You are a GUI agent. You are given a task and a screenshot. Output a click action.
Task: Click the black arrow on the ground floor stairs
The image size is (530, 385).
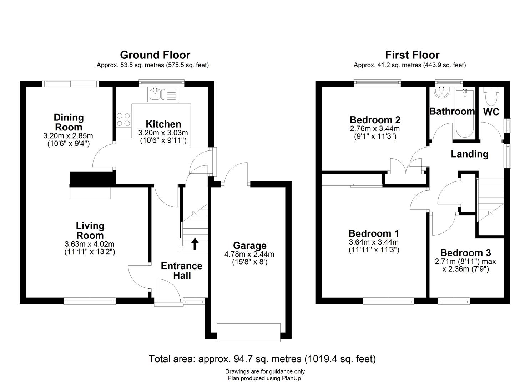tap(195, 244)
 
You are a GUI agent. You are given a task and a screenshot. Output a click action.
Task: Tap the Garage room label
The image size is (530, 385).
tap(249, 246)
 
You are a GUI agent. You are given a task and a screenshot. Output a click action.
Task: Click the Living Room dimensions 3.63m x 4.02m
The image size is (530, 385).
tap(90, 244)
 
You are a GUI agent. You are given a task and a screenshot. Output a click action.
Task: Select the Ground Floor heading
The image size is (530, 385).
tap(155, 55)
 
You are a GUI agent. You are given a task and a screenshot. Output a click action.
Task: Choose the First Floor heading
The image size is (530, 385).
tap(412, 55)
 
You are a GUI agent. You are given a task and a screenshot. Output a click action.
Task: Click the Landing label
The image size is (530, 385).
tap(469, 154)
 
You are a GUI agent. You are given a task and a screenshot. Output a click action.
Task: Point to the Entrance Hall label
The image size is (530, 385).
tap(182, 271)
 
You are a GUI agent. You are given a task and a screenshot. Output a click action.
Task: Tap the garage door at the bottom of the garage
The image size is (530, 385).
tap(248, 333)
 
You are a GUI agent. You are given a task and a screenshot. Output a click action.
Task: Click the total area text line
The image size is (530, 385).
tap(262, 359)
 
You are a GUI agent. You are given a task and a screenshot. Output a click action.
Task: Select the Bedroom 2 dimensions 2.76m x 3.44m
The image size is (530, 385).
tap(375, 128)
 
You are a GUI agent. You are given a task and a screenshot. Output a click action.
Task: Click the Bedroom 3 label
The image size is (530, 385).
tap(465, 253)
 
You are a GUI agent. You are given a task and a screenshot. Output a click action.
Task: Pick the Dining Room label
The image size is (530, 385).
tap(69, 122)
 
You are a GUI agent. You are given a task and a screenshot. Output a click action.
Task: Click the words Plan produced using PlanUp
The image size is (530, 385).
tap(265, 378)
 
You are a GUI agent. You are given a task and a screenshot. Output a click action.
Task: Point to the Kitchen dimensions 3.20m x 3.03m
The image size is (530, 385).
tap(163, 133)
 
